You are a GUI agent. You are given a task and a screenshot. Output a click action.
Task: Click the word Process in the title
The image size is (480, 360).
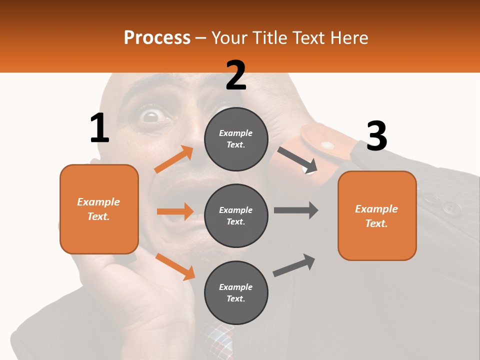[157, 37]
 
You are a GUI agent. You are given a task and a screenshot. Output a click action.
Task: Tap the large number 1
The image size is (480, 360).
[99, 128]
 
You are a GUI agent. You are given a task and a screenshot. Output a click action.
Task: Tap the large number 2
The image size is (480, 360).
[236, 76]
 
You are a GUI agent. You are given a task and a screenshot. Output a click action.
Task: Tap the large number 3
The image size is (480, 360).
[376, 137]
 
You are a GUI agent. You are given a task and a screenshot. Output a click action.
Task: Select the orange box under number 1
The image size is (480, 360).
[99, 209]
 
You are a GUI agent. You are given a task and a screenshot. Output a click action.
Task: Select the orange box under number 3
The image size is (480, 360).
[377, 216]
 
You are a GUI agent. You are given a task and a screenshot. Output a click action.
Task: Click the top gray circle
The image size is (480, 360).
[236, 139]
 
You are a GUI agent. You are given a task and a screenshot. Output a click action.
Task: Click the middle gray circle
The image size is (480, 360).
[236, 215]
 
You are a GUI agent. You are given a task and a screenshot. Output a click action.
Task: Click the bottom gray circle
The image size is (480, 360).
[236, 292]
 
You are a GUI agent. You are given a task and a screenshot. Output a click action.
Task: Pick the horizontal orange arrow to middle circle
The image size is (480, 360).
[174, 211]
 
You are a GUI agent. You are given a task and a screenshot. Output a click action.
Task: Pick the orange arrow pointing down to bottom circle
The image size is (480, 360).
[175, 266]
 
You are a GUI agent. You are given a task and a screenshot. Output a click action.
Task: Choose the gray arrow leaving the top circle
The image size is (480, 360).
[298, 159]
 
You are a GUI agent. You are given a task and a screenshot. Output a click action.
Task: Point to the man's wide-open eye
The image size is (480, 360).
[150, 116]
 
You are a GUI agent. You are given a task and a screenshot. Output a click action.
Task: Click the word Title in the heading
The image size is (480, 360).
[269, 37]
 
